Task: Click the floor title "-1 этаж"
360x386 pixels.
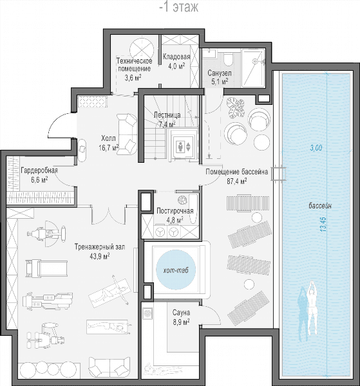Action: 179,7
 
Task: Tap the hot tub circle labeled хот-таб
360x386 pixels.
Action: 176,270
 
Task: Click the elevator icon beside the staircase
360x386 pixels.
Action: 184,147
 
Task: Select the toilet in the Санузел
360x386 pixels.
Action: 228,60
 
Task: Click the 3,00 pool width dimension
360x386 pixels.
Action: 316,148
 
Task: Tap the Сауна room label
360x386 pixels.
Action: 181,313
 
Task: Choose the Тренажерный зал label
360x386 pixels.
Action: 100,247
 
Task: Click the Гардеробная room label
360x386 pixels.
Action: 39,170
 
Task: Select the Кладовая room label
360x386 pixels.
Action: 176,57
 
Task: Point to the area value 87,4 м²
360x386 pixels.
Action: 237,181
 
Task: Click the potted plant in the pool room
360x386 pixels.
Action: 236,107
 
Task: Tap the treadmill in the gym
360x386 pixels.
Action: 47,268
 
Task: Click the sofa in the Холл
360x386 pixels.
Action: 127,134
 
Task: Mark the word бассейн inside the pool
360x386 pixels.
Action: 320,206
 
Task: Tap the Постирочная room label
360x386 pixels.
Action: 175,211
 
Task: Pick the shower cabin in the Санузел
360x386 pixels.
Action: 253,68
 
